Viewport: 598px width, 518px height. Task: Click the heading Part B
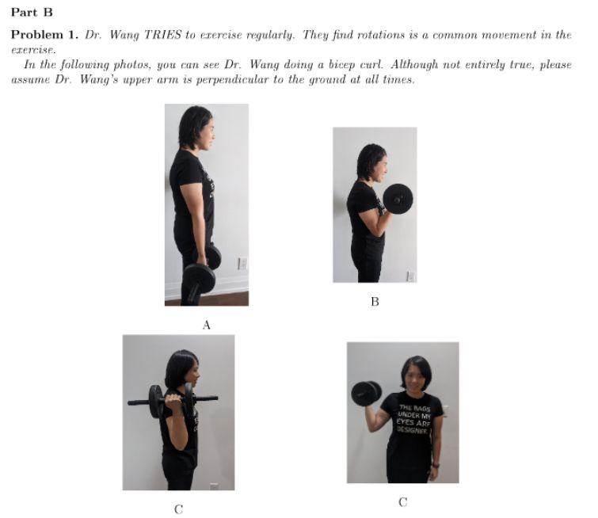pyautogui.click(x=32, y=13)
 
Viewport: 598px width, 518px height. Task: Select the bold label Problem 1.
pyautogui.click(x=44, y=35)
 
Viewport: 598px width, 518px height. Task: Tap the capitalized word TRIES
pyautogui.click(x=162, y=35)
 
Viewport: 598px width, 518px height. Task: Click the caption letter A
pyautogui.click(x=206, y=325)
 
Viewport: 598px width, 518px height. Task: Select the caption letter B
pyautogui.click(x=375, y=302)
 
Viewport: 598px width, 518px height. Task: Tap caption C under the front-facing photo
pyautogui.click(x=402, y=502)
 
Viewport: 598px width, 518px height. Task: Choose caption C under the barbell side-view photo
pyautogui.click(x=178, y=509)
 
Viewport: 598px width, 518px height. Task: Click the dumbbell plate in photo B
pyautogui.click(x=398, y=199)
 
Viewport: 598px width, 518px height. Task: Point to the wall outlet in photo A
pyautogui.click(x=242, y=263)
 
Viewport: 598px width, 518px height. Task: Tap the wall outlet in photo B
pyautogui.click(x=411, y=276)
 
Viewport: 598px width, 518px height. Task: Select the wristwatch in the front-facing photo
pyautogui.click(x=436, y=465)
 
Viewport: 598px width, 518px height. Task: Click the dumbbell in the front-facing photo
pyautogui.click(x=366, y=394)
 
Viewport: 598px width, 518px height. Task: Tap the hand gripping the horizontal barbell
pyautogui.click(x=174, y=400)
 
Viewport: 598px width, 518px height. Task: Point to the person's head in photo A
pyautogui.click(x=196, y=128)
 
